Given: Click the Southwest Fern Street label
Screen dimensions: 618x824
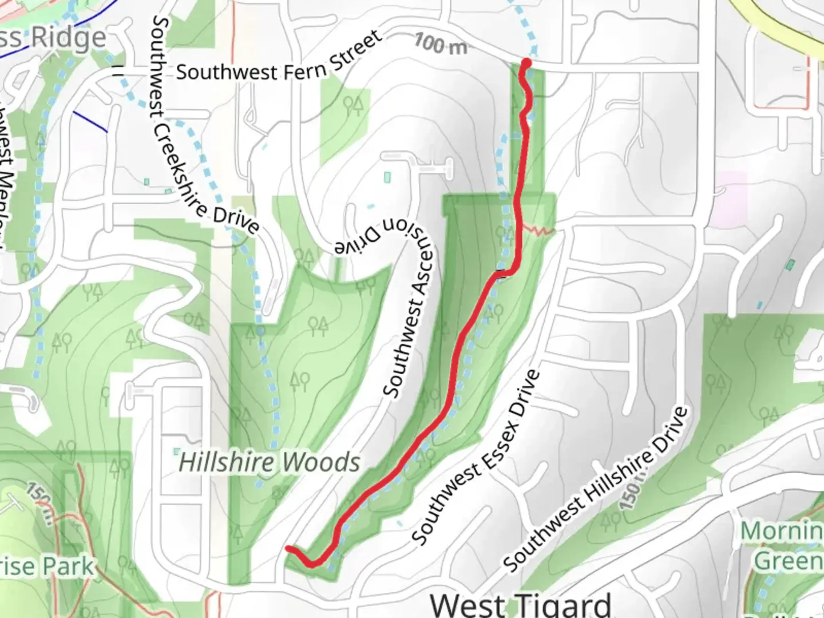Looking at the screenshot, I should (x=279, y=59).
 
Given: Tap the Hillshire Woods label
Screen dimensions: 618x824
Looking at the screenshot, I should (x=270, y=462).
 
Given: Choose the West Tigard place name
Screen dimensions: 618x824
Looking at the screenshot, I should (x=520, y=604).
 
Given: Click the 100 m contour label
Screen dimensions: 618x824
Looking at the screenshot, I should (x=440, y=43).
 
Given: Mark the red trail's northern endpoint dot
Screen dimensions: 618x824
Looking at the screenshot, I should (x=526, y=62).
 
